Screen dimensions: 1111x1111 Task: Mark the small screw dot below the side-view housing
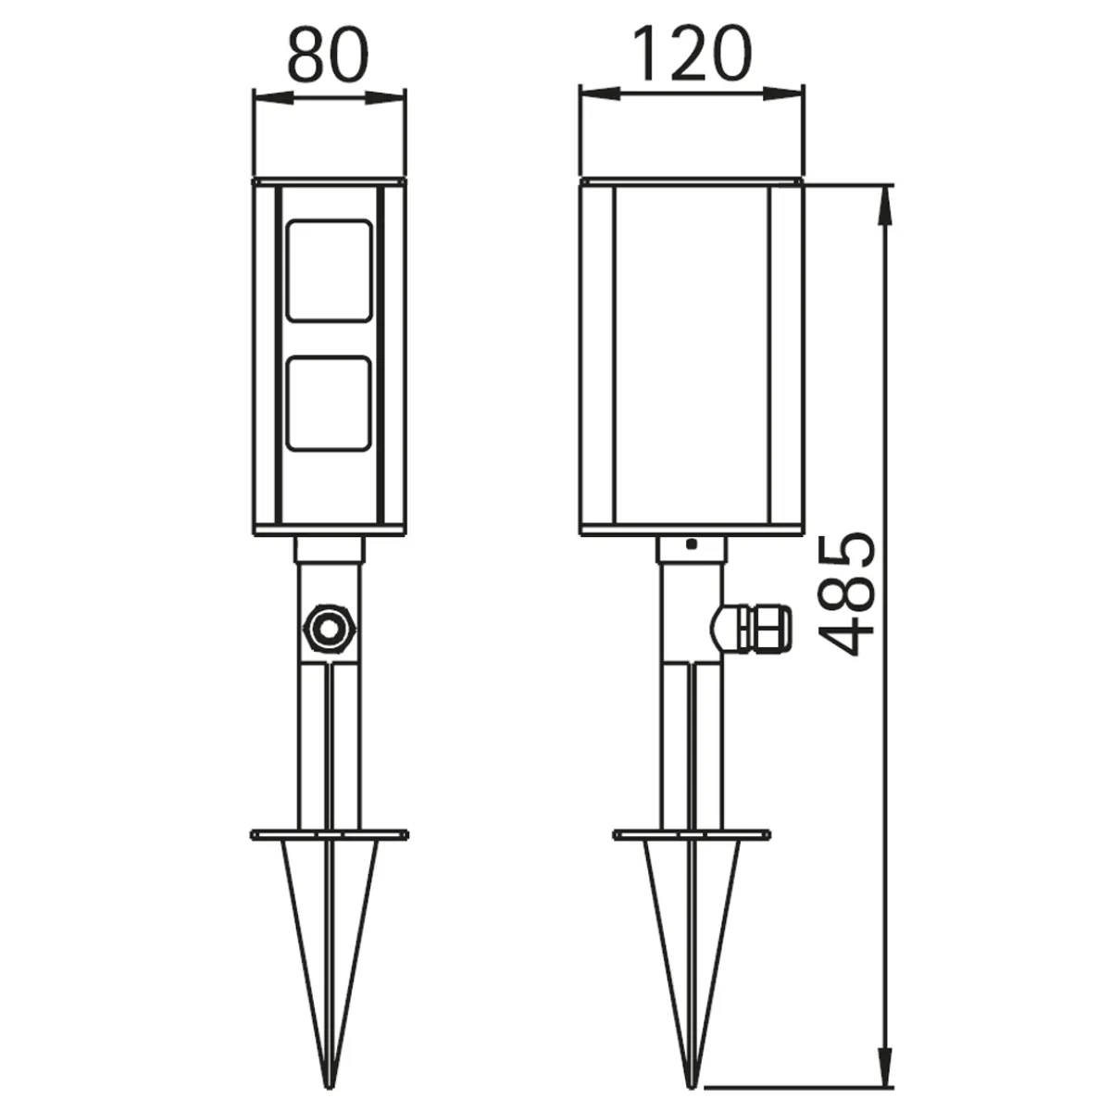coord(691,544)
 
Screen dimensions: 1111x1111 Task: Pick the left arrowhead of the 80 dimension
coord(267,95)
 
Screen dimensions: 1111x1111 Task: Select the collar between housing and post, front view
coord(330,551)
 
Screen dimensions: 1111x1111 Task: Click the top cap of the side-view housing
coord(691,180)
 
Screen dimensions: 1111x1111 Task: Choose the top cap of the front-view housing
coord(330,180)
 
